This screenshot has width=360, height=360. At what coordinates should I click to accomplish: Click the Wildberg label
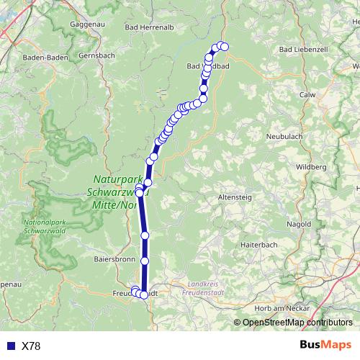point(311,166)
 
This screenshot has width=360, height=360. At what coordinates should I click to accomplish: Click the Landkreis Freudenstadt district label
point(203,287)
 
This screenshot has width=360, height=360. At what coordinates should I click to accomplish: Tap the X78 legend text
point(31,346)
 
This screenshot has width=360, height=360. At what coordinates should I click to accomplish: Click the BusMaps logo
point(325,346)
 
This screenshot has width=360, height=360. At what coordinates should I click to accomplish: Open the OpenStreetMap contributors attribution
point(297,323)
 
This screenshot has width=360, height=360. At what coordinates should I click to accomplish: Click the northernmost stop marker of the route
point(223,47)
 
